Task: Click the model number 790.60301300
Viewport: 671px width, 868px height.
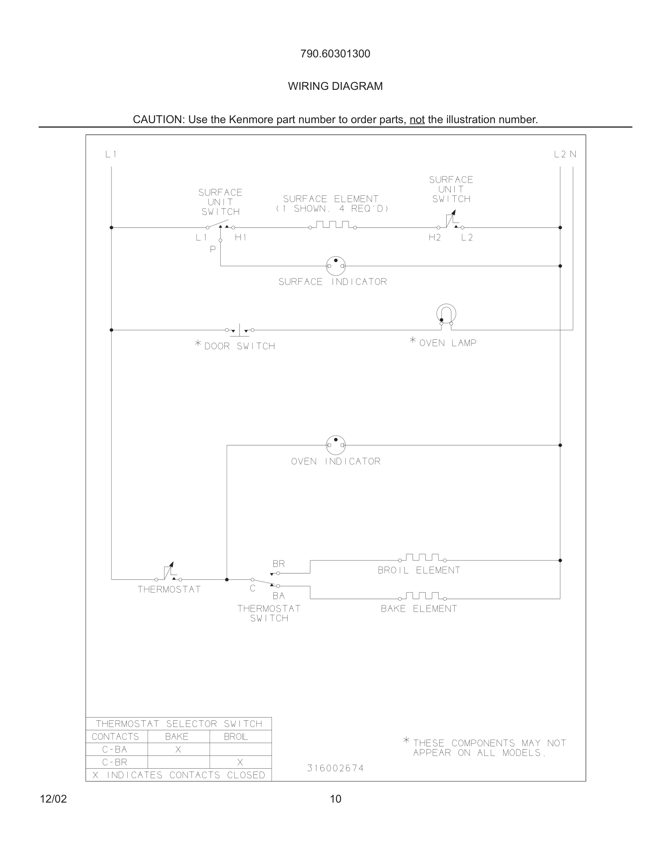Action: pyautogui.click(x=335, y=54)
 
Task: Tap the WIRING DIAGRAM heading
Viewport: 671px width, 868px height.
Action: pyautogui.click(x=335, y=86)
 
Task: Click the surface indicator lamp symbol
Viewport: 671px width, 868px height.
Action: pyautogui.click(x=335, y=266)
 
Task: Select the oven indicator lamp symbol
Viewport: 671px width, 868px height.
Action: pyautogui.click(x=335, y=445)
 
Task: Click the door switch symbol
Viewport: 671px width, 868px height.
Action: pyautogui.click(x=240, y=330)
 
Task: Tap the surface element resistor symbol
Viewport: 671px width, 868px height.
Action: pyautogui.click(x=333, y=225)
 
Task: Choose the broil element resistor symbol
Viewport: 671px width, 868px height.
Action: pyautogui.click(x=422, y=557)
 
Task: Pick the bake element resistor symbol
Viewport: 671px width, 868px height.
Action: pyautogui.click(x=422, y=596)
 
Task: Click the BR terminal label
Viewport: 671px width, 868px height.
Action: pyautogui.click(x=278, y=564)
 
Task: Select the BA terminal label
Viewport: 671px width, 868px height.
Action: pyautogui.click(x=278, y=596)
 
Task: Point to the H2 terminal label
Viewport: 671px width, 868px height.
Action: pyautogui.click(x=435, y=238)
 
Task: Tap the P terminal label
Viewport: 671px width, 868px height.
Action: pyautogui.click(x=213, y=249)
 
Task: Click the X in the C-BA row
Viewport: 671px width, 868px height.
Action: pyautogui.click(x=178, y=750)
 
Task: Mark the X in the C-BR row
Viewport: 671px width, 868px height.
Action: pyautogui.click(x=240, y=762)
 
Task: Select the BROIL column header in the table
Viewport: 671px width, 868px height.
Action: pyautogui.click(x=236, y=737)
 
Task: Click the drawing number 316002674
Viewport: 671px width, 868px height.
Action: pyautogui.click(x=335, y=768)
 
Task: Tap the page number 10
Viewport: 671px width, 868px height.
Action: pyautogui.click(x=335, y=799)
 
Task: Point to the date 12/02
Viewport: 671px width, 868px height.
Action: pyautogui.click(x=53, y=799)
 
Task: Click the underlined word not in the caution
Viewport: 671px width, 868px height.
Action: pyautogui.click(x=417, y=119)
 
